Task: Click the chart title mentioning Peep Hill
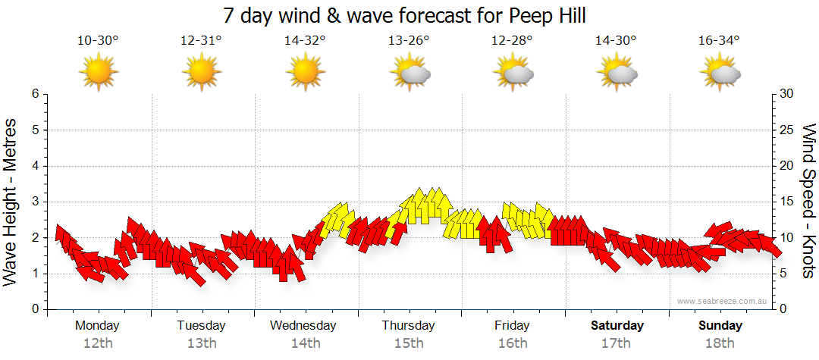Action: click(x=405, y=15)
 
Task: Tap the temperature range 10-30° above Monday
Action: click(x=98, y=41)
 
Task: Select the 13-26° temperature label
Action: click(x=409, y=41)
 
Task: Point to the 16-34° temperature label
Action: click(x=719, y=41)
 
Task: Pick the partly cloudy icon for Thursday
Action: click(x=409, y=73)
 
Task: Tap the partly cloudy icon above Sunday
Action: click(x=720, y=73)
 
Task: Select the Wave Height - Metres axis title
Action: click(x=11, y=201)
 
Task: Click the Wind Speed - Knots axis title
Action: click(x=808, y=201)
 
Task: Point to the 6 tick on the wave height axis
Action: click(x=35, y=94)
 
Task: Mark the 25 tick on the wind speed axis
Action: click(x=788, y=130)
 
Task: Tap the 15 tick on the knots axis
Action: click(x=788, y=202)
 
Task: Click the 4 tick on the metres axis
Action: click(x=35, y=166)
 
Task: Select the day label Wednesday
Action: click(x=303, y=326)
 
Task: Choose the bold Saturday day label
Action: click(x=617, y=326)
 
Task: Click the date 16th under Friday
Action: click(x=513, y=343)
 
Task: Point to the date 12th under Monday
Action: click(x=98, y=343)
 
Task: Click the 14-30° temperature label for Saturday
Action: click(x=615, y=41)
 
